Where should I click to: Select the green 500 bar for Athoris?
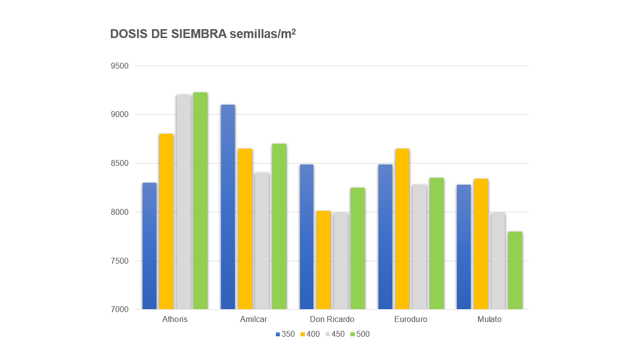coord(200,201)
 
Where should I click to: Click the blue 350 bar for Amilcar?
coord(228,207)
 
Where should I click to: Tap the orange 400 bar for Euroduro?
coord(402,229)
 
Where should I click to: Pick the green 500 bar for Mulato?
coord(515,270)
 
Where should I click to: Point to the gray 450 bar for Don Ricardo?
coord(341,261)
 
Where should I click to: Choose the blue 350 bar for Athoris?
coord(150,246)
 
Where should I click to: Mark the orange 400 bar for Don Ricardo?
coord(324,260)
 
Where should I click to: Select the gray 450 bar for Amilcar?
coord(262,241)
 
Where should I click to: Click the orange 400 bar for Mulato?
coord(481,244)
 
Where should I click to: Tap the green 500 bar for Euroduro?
coord(437,243)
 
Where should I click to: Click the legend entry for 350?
coord(285,334)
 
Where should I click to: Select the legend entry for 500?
coord(360,334)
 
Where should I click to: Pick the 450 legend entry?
coord(335,334)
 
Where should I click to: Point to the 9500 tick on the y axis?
coord(119,66)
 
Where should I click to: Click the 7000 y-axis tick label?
coord(119,309)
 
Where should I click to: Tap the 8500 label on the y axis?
coord(119,163)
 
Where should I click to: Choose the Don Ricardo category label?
coord(332,320)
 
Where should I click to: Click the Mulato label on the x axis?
coord(490,320)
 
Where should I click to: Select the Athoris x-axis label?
coord(175,320)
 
